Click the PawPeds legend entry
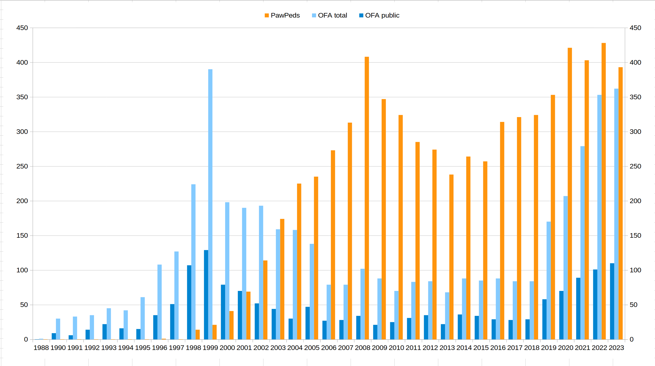[282, 16]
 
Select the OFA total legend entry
[330, 16]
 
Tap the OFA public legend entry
[379, 16]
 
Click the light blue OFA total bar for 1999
[210, 204]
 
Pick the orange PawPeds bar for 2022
[604, 191]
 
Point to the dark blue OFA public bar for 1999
[206, 295]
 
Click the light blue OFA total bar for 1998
[194, 262]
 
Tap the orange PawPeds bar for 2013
[451, 257]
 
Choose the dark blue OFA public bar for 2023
[612, 301]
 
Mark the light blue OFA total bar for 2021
[583, 243]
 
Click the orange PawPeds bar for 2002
[265, 300]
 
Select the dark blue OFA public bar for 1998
[189, 302]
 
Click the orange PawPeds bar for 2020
[570, 194]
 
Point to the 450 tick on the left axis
[22, 28]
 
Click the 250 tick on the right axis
[635, 166]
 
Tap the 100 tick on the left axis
[22, 270]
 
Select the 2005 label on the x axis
[312, 348]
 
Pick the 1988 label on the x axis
[41, 348]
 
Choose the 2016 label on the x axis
[498, 348]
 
